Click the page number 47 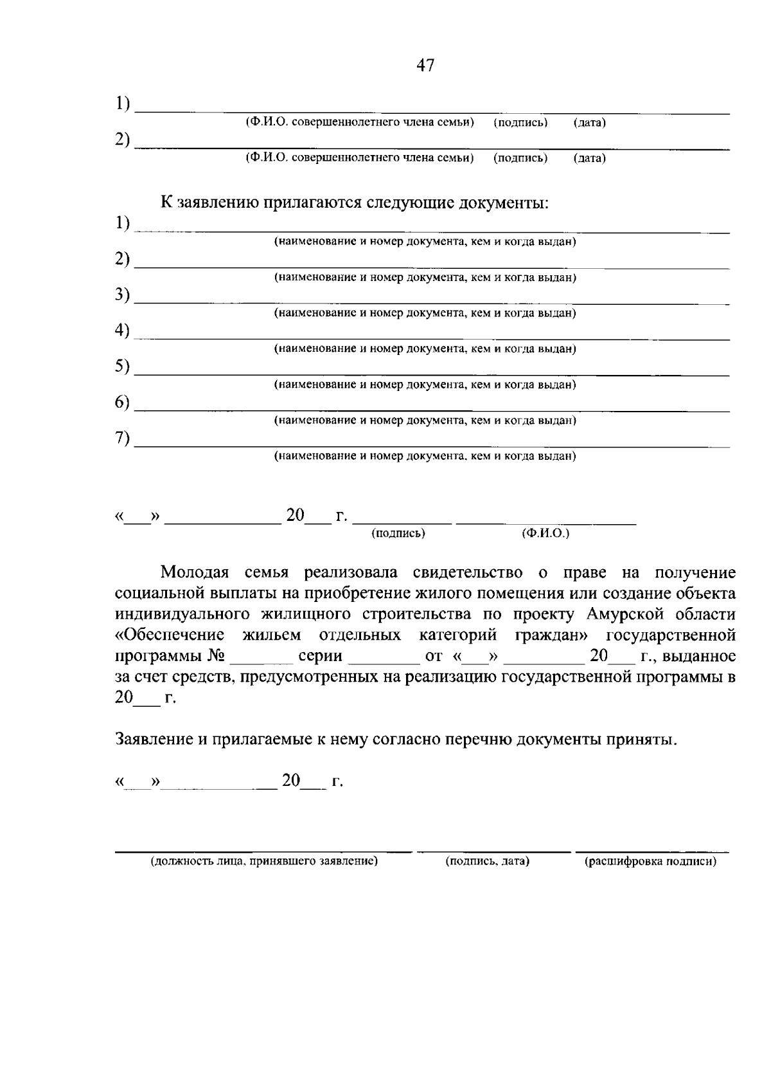click(x=425, y=65)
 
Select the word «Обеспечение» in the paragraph click(x=170, y=635)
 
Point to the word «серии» click(x=320, y=657)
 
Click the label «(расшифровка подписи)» click(x=650, y=862)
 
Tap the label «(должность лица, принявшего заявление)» click(x=264, y=862)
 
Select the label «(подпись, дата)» click(x=487, y=862)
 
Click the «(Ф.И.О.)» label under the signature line click(x=545, y=534)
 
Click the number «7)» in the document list click(x=122, y=439)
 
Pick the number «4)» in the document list click(x=122, y=331)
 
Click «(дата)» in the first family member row click(x=589, y=122)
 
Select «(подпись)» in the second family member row click(x=520, y=158)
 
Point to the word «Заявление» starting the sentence click(x=153, y=739)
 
